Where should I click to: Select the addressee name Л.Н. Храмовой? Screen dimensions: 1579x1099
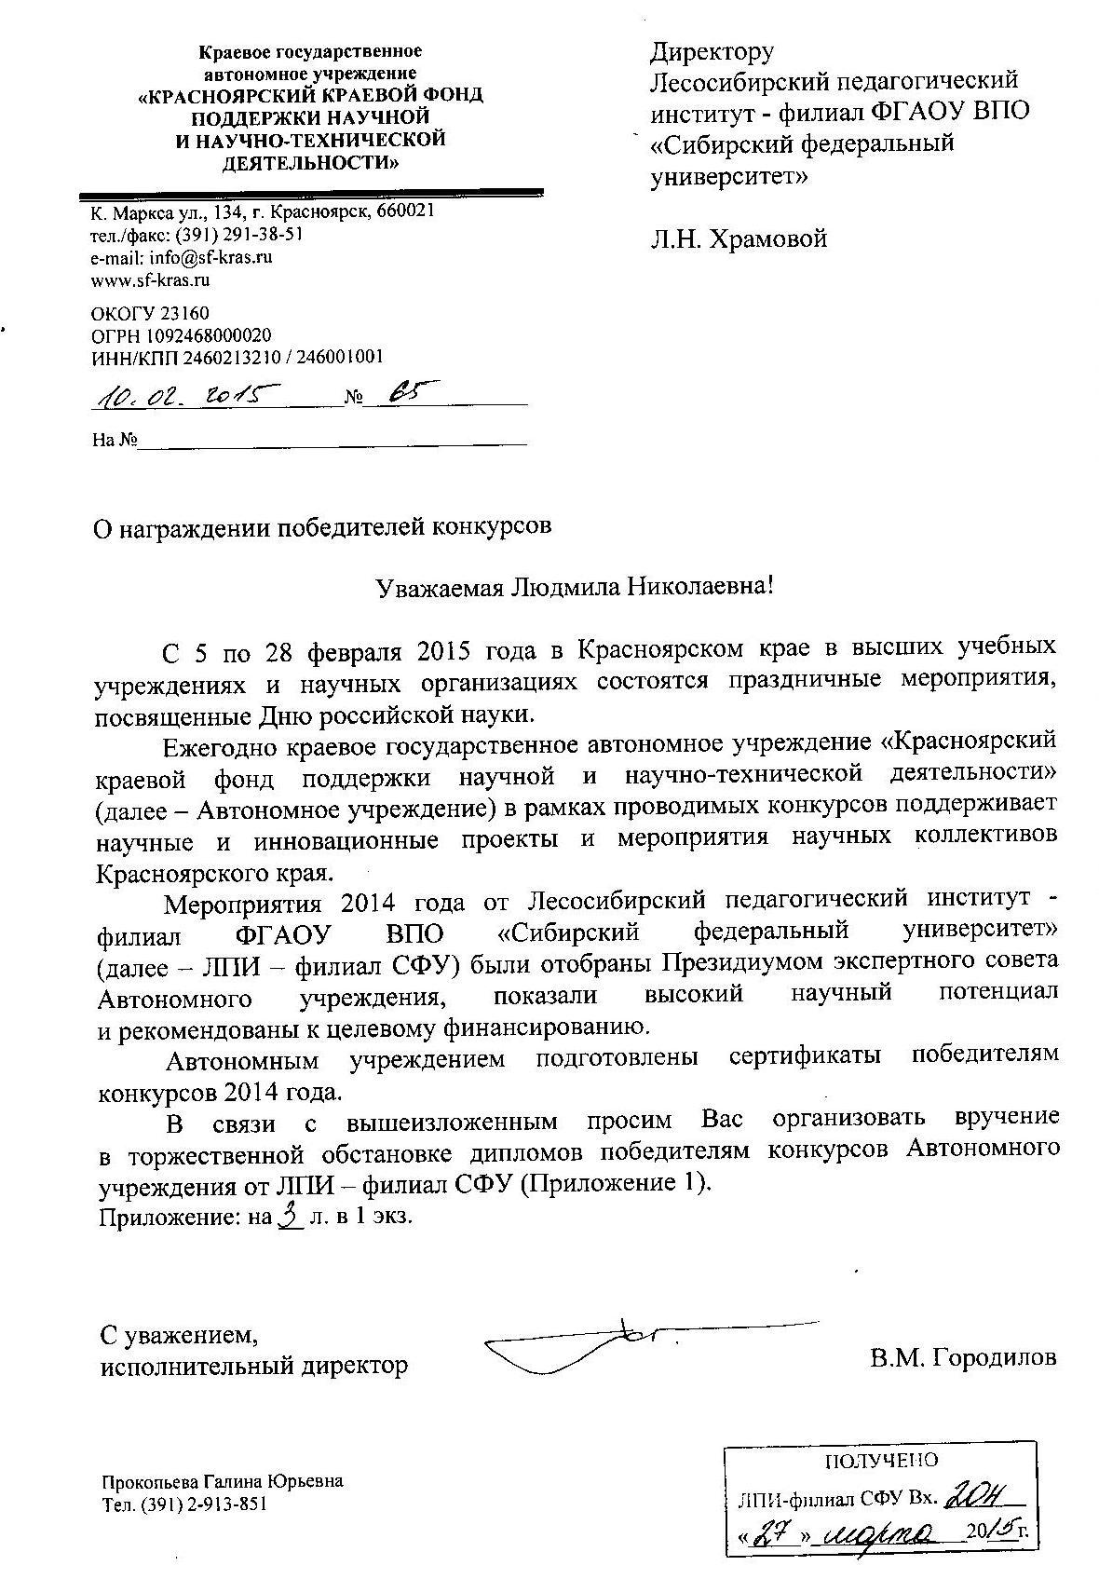739,239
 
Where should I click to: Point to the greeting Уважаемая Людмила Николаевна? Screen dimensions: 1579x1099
575,588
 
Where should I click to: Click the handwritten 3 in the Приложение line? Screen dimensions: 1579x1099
291,1215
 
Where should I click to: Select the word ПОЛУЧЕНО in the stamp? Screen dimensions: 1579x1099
881,1460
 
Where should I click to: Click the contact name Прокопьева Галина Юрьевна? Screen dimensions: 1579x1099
222,1481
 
